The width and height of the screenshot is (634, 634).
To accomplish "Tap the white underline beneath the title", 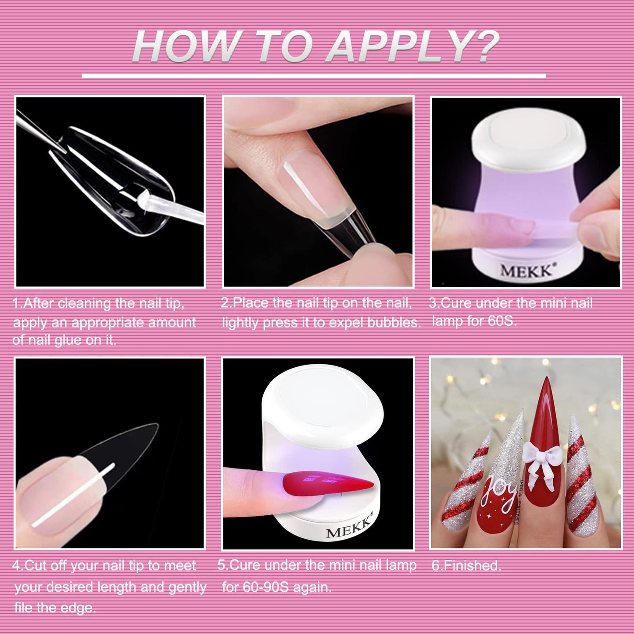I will point(314,76).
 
